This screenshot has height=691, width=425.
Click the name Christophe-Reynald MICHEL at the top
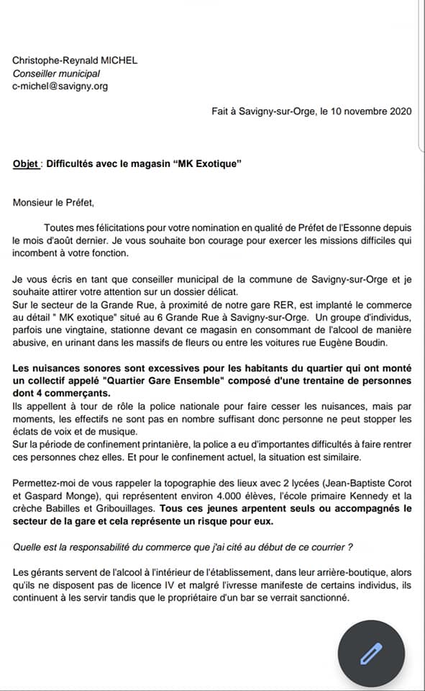tap(75, 60)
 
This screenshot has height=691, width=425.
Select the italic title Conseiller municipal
tap(56, 73)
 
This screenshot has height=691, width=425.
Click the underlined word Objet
tap(25, 163)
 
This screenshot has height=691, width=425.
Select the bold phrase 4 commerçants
tap(73, 394)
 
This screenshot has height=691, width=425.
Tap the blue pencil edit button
tap(372, 652)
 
